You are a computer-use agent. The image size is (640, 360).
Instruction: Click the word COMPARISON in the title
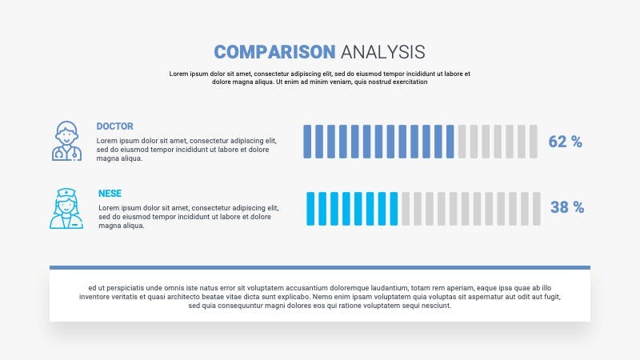pyautogui.click(x=274, y=52)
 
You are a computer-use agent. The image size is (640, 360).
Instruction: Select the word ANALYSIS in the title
pyautogui.click(x=383, y=52)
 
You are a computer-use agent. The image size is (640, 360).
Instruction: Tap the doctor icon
pyautogui.click(x=66, y=141)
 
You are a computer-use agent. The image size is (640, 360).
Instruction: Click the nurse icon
pyautogui.click(x=66, y=208)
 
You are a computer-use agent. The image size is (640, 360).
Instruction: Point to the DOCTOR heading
pyautogui.click(x=114, y=126)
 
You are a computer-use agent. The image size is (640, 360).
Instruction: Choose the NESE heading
pyautogui.click(x=110, y=194)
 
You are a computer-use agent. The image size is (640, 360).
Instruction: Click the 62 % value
pyautogui.click(x=566, y=142)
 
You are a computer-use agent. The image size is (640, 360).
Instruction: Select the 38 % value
pyautogui.click(x=567, y=207)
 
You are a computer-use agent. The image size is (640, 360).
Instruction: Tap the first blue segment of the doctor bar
pyautogui.click(x=307, y=142)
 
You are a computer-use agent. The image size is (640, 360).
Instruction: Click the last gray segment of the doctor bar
pyautogui.click(x=534, y=142)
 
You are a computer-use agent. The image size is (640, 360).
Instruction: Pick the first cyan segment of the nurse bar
pyautogui.click(x=310, y=209)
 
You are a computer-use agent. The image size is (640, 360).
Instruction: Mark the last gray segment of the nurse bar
pyautogui.click(x=537, y=209)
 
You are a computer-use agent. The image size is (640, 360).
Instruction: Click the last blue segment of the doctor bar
pyautogui.click(x=450, y=142)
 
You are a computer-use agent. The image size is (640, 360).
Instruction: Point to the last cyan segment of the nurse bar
pyautogui.click(x=394, y=209)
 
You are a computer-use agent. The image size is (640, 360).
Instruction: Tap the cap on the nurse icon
pyautogui.click(x=66, y=192)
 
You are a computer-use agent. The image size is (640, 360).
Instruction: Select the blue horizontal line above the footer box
pyautogui.click(x=320, y=268)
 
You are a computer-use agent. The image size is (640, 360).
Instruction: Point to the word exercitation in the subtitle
pyautogui.click(x=410, y=82)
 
